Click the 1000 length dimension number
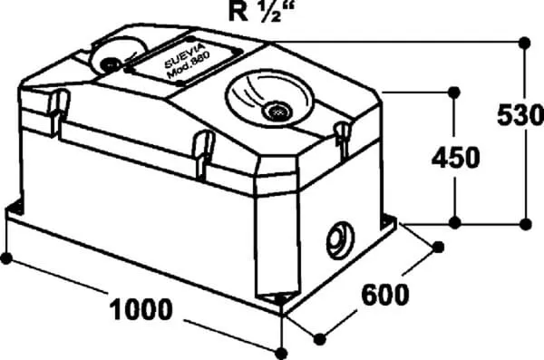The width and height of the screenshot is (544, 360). click(x=141, y=309)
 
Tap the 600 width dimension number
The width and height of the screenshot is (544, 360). click(x=385, y=295)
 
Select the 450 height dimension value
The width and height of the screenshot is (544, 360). click(x=456, y=158)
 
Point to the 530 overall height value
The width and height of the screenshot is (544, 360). click(x=520, y=115)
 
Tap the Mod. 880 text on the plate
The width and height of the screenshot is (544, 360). click(x=189, y=66)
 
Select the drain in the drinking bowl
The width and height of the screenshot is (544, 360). click(x=277, y=111)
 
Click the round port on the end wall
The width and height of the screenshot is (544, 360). click(x=340, y=240)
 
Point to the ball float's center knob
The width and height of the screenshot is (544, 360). click(x=110, y=64)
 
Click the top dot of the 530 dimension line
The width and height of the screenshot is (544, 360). click(x=525, y=43)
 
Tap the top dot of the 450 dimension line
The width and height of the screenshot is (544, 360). click(x=454, y=92)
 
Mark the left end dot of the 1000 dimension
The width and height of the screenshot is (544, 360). click(x=6, y=258)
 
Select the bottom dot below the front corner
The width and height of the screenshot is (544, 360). click(x=281, y=354)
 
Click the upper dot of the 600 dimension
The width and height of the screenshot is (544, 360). click(x=438, y=248)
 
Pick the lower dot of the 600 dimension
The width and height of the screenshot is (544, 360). click(x=319, y=339)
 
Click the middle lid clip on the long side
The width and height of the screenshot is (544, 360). click(x=204, y=154)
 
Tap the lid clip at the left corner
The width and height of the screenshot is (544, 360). click(x=58, y=112)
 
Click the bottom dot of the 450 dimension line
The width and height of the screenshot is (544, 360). click(x=455, y=222)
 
